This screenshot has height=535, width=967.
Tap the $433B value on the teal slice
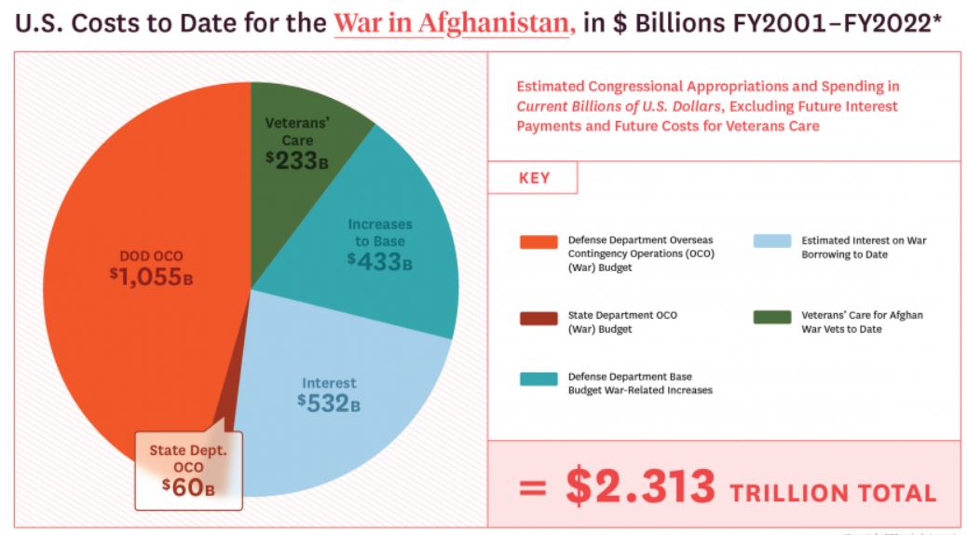click(379, 260)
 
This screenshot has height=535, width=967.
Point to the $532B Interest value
click(329, 403)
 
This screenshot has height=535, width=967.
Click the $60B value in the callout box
click(188, 487)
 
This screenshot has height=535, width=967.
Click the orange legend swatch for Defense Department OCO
click(538, 242)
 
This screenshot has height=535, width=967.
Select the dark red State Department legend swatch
click(538, 319)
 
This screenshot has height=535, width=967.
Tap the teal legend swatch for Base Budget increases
click(538, 379)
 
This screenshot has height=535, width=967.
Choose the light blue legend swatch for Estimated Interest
click(771, 242)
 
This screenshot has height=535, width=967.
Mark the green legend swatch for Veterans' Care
click(771, 317)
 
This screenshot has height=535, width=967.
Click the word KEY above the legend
click(533, 178)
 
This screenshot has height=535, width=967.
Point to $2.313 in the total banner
click(641, 487)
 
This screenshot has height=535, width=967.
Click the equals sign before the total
click(533, 488)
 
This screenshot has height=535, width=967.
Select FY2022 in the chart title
click(881, 25)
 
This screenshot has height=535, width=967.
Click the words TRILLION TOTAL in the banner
click(833, 491)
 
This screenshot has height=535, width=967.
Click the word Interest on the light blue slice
click(329, 382)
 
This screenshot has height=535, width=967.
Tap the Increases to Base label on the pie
click(380, 232)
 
